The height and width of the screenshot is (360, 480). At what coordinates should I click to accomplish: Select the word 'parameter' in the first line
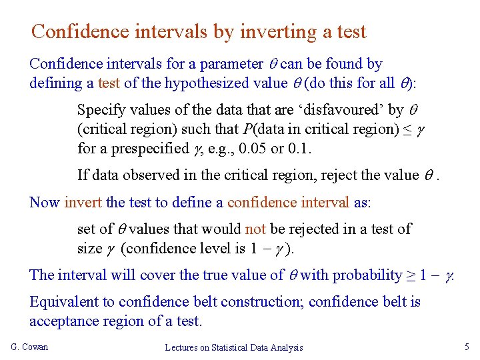[x=230, y=64]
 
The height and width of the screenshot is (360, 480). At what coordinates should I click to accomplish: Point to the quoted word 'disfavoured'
[x=337, y=109]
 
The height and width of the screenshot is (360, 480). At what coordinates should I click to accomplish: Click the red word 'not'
[x=255, y=229]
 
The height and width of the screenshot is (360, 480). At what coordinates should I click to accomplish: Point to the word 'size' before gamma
[x=90, y=249]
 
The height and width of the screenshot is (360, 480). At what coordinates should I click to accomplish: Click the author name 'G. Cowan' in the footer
[x=30, y=347]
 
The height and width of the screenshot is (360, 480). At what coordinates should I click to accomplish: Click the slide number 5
[x=467, y=347]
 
